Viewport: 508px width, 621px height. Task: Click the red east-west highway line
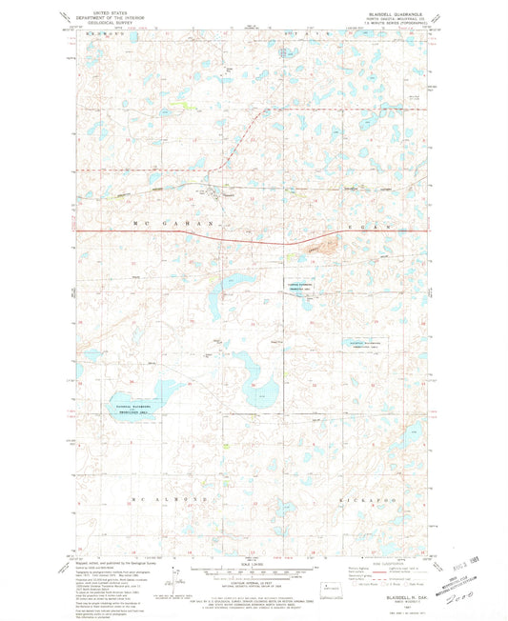[191, 230]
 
